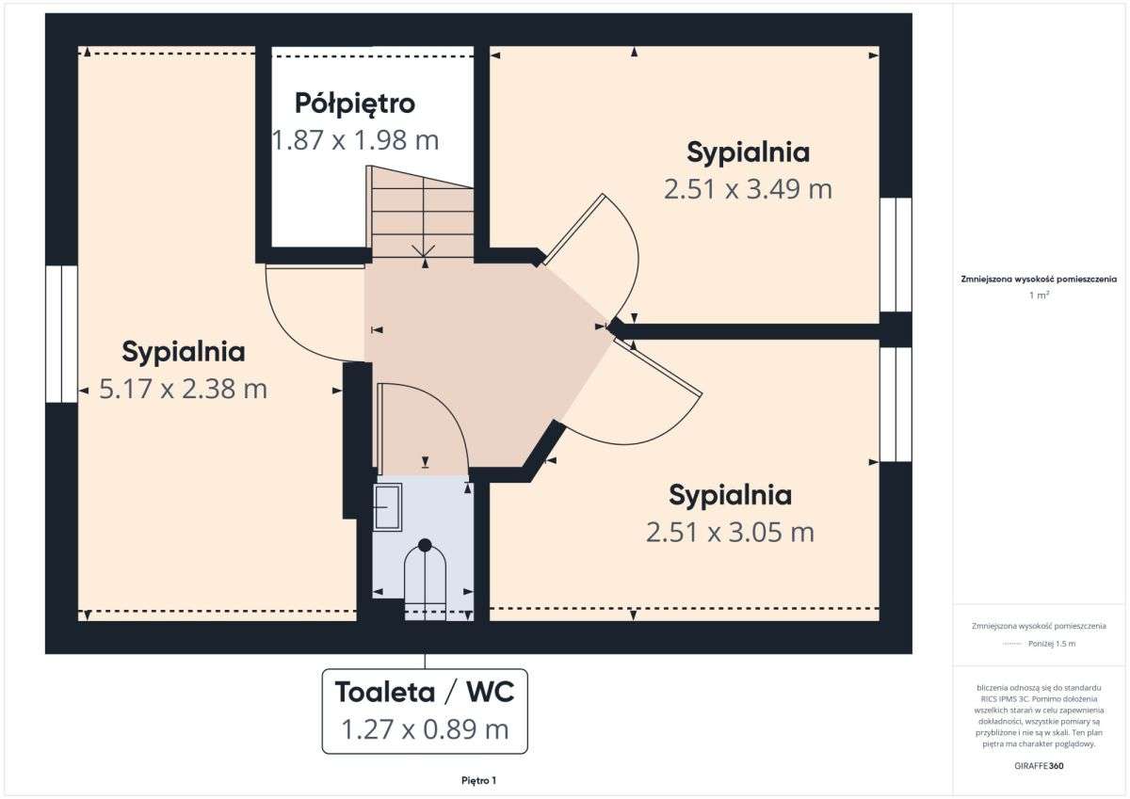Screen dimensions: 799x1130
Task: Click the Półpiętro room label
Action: [354, 102]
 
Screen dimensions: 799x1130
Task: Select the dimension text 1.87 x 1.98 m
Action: [355, 140]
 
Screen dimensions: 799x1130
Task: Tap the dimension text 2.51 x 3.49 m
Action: [748, 189]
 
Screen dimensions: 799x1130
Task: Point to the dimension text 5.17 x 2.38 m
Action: [184, 389]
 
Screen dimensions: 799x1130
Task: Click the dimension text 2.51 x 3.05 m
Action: [730, 533]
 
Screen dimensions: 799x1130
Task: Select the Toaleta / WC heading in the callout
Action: [425, 693]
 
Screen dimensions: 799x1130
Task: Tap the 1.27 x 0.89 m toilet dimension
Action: [425, 728]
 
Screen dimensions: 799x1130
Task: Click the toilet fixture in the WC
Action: [425, 579]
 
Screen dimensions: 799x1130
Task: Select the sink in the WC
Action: [387, 506]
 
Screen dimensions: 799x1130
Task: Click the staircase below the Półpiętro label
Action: [422, 214]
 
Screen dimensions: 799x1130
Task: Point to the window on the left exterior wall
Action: [61, 334]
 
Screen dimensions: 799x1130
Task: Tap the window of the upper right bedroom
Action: [896, 254]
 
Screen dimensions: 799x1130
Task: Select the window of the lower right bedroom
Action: [896, 405]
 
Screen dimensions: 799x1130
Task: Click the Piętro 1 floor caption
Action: [478, 780]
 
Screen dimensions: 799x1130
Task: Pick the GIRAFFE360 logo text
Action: [1039, 765]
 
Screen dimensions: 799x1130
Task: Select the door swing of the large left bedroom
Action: [311, 315]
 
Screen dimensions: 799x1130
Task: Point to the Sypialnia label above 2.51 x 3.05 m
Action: [730, 494]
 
